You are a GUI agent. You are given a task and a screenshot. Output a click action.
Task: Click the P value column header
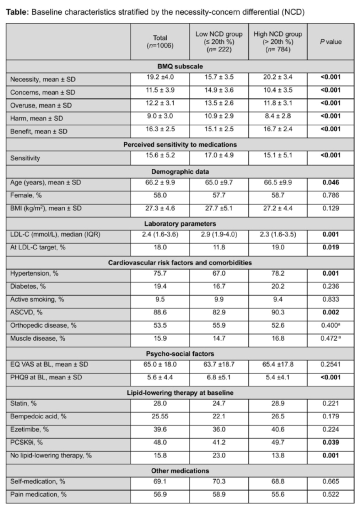click(330, 42)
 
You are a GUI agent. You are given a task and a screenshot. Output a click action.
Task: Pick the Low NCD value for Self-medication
click(219, 483)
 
